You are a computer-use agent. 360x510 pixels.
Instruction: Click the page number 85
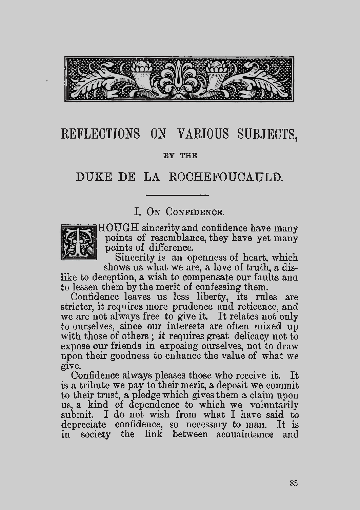coord(294,483)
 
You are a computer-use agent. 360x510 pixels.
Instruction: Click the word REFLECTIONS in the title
coord(100,134)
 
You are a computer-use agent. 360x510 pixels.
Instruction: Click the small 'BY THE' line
coord(180,156)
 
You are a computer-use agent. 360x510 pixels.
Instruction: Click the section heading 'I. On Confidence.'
coord(179,212)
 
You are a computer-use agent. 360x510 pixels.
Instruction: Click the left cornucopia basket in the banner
coord(141,75)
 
